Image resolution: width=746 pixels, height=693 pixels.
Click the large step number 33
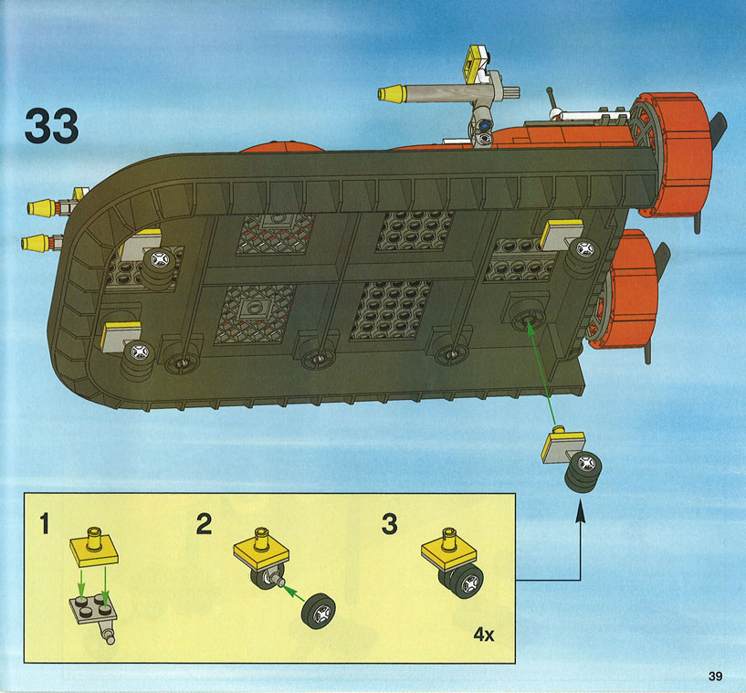click(51, 125)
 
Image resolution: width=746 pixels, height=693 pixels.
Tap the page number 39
click(715, 676)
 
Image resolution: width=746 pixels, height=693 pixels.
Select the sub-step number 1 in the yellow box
click(45, 523)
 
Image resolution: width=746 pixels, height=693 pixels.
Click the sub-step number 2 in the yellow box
click(205, 523)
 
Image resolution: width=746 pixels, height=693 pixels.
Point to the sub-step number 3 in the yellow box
click(389, 523)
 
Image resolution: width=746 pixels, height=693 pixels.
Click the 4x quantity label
click(484, 634)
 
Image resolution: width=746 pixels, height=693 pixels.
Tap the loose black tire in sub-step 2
click(319, 611)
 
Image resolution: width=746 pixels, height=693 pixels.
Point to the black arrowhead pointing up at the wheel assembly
click(580, 514)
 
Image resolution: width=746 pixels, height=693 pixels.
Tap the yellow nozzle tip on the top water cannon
click(391, 93)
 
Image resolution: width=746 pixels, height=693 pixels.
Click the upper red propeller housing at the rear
click(671, 154)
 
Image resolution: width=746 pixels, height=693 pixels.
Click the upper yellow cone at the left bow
click(41, 208)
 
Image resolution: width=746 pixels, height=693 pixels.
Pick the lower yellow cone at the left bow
click(35, 243)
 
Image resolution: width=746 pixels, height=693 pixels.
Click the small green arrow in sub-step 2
click(294, 593)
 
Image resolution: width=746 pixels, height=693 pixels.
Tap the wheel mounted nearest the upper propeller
click(583, 257)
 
